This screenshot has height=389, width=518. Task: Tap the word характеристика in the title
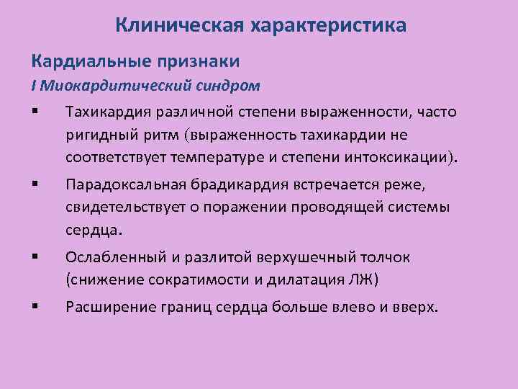click(x=327, y=27)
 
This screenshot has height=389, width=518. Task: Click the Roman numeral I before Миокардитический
click(x=33, y=86)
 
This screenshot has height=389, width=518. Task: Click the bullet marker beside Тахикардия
click(x=35, y=112)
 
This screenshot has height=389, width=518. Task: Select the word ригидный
click(x=95, y=134)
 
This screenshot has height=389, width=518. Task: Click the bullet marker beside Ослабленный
click(x=35, y=256)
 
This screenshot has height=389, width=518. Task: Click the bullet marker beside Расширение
click(x=35, y=307)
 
